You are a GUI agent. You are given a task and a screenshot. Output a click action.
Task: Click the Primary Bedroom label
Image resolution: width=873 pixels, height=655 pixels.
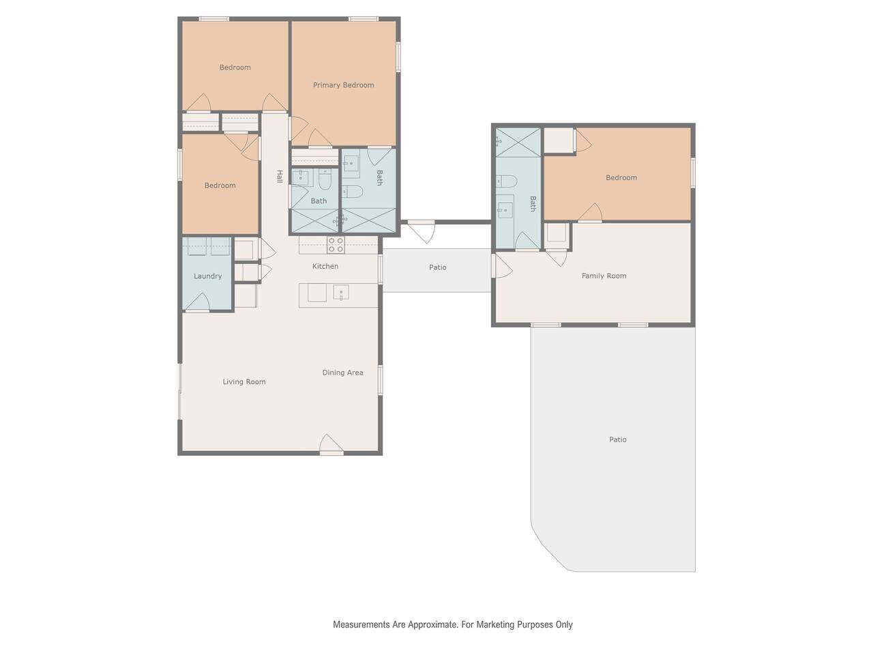(x=343, y=85)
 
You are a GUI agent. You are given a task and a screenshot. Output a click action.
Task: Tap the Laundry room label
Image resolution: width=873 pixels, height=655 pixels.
(x=207, y=276)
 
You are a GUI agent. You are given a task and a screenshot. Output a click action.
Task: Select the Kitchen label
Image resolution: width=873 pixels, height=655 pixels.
(x=325, y=266)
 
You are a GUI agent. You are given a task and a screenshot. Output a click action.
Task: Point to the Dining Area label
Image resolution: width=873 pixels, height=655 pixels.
(x=342, y=373)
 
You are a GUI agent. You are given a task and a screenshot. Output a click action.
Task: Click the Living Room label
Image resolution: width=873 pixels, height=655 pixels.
(x=243, y=382)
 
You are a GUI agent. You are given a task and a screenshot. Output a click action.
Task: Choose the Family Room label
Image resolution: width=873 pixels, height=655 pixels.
(x=604, y=276)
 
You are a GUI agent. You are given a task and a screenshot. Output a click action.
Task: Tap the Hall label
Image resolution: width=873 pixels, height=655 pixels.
(x=280, y=177)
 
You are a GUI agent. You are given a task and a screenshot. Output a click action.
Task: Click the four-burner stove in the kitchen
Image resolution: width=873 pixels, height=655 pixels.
(x=336, y=245)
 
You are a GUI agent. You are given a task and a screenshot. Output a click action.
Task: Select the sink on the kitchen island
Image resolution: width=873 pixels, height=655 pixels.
(x=341, y=292)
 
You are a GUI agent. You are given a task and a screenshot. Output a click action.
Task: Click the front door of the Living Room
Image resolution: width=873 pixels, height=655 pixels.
(x=331, y=445)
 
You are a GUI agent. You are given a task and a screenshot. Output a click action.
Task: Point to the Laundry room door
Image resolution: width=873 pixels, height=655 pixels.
(x=198, y=302)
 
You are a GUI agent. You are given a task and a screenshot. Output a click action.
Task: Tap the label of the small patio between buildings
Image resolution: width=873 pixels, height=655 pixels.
(x=437, y=267)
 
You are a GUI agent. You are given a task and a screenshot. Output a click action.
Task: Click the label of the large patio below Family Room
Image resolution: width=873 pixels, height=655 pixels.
(x=618, y=439)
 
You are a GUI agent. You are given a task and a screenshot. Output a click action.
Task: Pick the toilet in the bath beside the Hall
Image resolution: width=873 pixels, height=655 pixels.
(x=325, y=180)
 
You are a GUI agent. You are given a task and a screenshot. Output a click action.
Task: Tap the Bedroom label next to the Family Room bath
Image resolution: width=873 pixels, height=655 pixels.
(x=621, y=178)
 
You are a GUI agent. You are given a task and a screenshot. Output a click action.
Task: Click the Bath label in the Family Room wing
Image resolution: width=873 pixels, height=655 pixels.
(x=533, y=203)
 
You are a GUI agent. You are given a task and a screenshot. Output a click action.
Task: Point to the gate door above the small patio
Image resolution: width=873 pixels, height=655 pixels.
(x=421, y=231)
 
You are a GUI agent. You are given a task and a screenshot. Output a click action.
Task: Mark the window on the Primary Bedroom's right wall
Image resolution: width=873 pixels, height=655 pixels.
(x=398, y=57)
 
